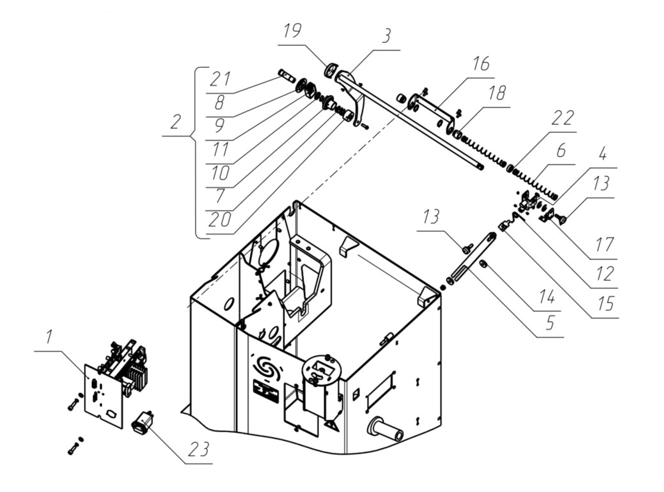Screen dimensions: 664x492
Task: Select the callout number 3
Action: click(x=386, y=36)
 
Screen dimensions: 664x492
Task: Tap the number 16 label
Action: click(x=481, y=63)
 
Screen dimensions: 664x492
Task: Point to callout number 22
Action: click(x=564, y=118)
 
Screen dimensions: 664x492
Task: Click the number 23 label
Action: click(x=199, y=449)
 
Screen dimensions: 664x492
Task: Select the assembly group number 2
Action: click(x=176, y=122)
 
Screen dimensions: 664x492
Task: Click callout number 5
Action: click(x=550, y=323)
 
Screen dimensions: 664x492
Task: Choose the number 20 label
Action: click(x=220, y=220)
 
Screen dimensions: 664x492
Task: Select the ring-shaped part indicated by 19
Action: click(x=331, y=70)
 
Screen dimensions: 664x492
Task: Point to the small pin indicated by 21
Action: click(x=287, y=75)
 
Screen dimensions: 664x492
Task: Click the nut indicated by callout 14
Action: click(x=482, y=265)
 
